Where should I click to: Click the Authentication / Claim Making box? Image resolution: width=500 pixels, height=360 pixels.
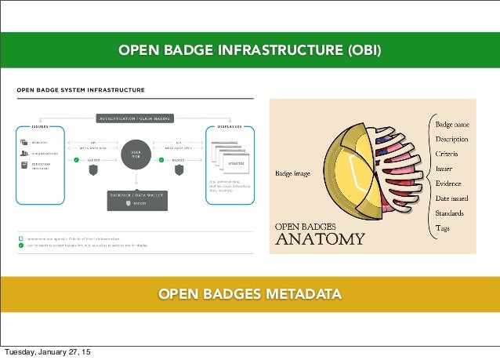click(x=135, y=118)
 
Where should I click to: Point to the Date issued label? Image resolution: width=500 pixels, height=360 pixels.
click(x=452, y=198)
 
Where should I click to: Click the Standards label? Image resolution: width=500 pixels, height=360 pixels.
click(x=451, y=213)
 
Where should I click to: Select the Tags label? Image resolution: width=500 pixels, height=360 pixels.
click(x=443, y=228)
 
